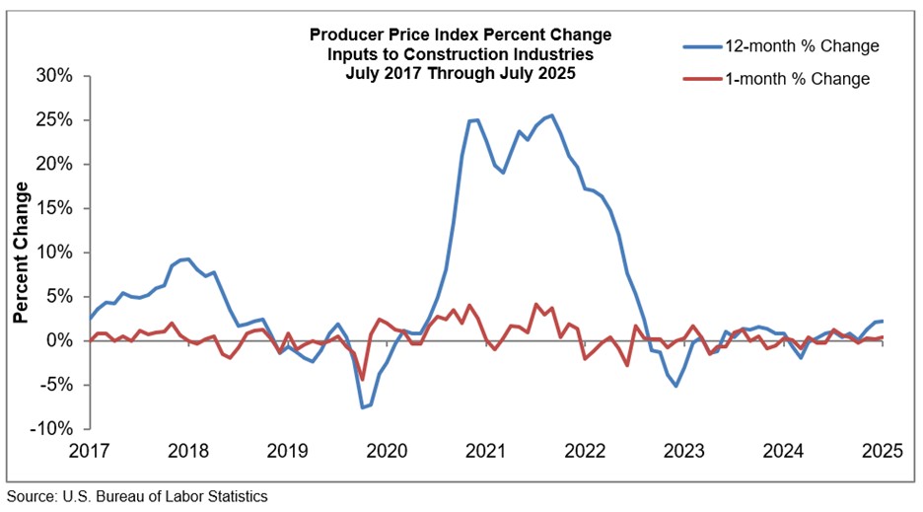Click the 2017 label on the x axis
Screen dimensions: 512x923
tap(90, 452)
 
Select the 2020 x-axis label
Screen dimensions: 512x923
tap(387, 452)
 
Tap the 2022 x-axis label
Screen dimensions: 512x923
tap(585, 452)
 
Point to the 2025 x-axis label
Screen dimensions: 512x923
tap(882, 452)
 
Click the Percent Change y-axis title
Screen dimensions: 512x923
tap(22, 252)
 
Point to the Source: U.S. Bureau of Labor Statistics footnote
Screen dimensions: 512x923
tap(137, 496)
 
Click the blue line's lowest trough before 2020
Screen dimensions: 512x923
tap(363, 406)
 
